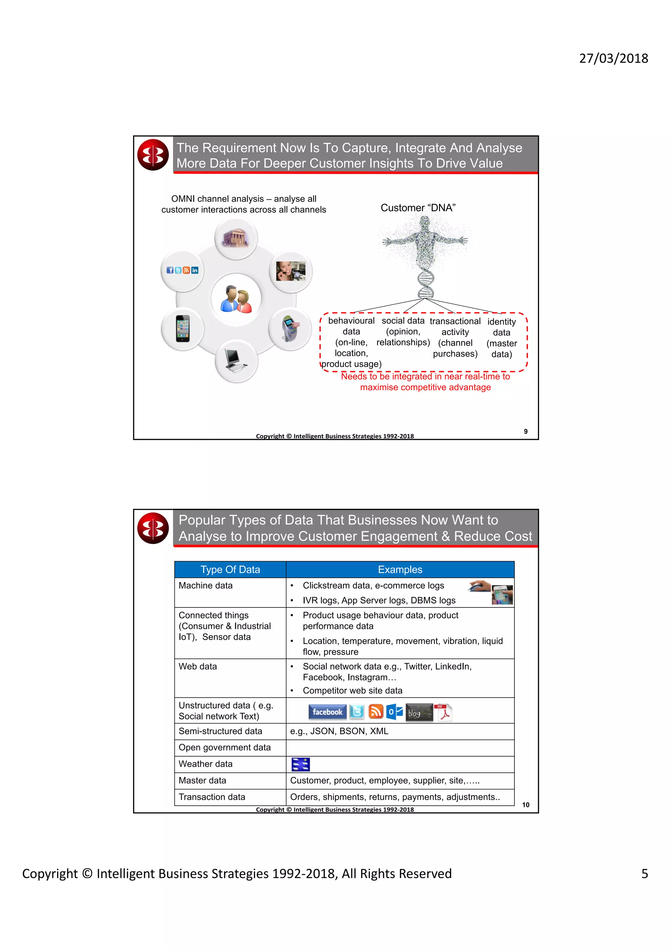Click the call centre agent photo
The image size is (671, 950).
(x=291, y=271)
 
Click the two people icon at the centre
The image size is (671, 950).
(x=236, y=298)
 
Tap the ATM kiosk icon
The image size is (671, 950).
(x=290, y=328)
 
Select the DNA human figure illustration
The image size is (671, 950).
(x=425, y=254)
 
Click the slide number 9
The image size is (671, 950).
(x=526, y=431)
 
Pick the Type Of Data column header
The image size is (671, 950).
(x=230, y=569)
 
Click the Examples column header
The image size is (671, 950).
(x=400, y=569)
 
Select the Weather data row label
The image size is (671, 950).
(x=205, y=764)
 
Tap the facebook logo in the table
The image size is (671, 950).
(x=327, y=712)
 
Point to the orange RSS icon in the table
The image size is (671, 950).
(x=376, y=711)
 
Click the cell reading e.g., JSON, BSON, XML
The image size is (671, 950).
(x=339, y=731)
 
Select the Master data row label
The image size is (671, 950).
(x=202, y=780)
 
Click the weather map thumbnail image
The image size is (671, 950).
(x=300, y=764)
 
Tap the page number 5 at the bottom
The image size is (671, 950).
(x=644, y=873)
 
